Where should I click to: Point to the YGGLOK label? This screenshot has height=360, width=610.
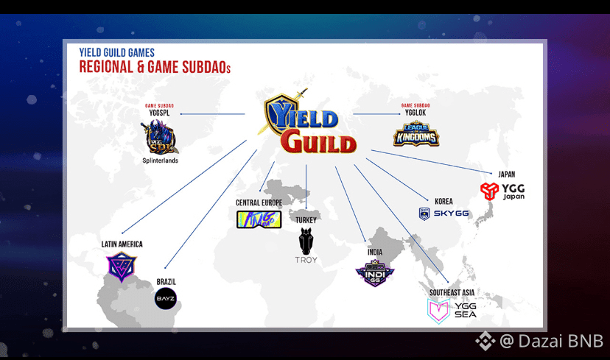(x=416, y=113)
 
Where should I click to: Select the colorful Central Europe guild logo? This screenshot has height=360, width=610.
(x=259, y=219)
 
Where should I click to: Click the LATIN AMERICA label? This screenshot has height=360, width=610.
(x=122, y=244)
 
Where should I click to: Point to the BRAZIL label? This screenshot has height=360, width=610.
(x=166, y=281)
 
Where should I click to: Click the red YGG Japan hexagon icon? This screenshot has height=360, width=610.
(x=489, y=191)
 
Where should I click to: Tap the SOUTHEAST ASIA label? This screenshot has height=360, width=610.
(x=453, y=292)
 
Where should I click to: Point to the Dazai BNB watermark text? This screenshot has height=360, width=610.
(x=551, y=341)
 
